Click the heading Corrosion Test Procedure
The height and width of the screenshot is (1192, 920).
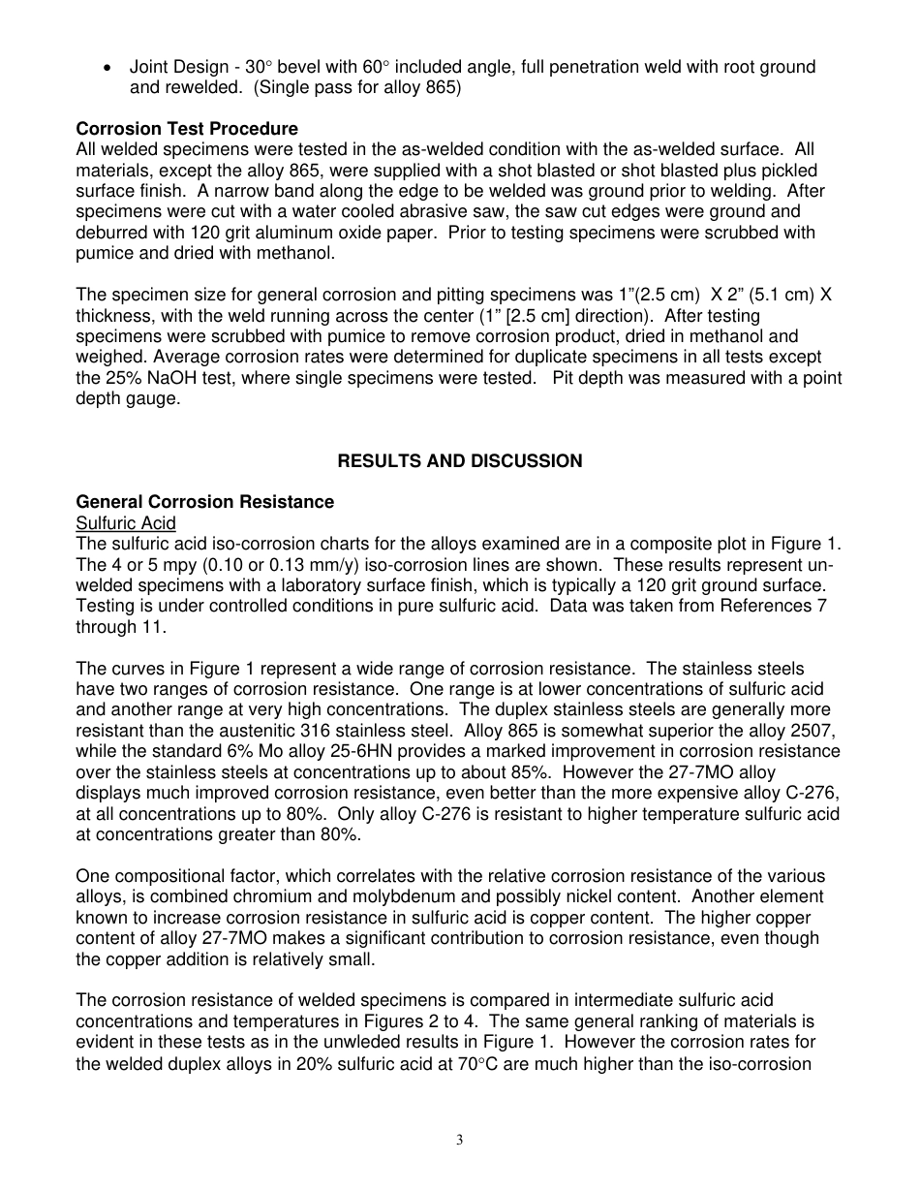click(187, 129)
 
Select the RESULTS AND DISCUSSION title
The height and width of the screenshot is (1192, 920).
click(459, 461)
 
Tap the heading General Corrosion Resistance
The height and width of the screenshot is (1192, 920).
click(204, 502)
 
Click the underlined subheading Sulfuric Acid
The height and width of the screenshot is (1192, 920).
click(126, 523)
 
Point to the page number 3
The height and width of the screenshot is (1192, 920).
click(460, 1140)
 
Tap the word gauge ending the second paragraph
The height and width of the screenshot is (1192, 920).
click(156, 398)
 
